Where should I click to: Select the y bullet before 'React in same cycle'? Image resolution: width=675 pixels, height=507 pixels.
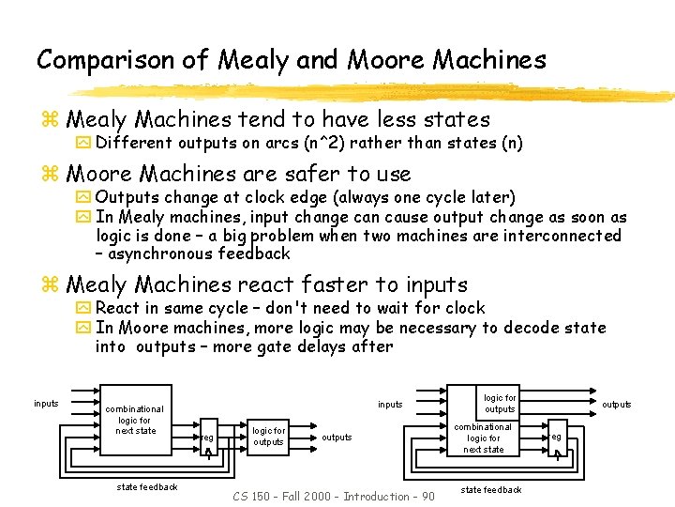(x=82, y=308)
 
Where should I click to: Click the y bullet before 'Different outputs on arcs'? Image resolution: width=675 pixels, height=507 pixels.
(x=82, y=143)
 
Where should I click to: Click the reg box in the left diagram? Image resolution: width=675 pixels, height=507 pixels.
(x=208, y=439)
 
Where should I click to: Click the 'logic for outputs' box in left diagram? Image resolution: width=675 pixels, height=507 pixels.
(x=269, y=437)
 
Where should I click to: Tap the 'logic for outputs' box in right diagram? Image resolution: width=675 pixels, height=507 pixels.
(x=500, y=404)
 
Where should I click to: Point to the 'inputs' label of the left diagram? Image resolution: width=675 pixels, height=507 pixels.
(x=46, y=404)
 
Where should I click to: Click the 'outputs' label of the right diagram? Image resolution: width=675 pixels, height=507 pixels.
(x=617, y=405)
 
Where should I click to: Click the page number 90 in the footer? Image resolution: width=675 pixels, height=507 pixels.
(x=427, y=496)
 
